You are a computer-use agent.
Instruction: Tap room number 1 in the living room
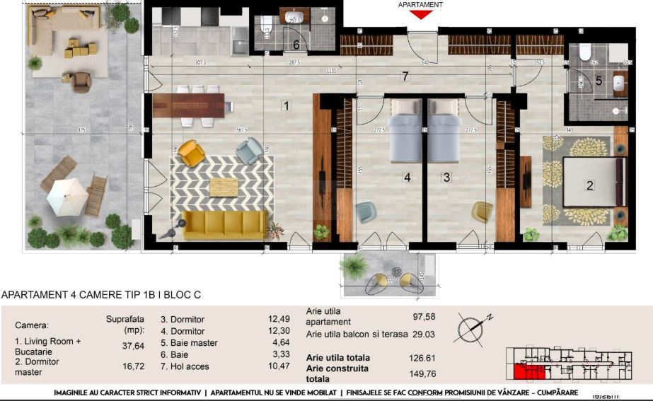tap(285, 106)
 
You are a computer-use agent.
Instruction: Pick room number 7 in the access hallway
tap(405, 76)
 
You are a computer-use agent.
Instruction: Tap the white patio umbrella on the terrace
tap(67, 197)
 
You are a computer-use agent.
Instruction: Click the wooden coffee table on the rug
tap(224, 186)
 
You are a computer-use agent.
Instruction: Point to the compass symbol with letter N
tap(469, 327)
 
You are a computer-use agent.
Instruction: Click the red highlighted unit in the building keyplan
tap(524, 371)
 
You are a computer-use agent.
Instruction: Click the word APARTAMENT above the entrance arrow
tap(420, 4)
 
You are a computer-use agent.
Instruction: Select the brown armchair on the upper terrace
tap(82, 82)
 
